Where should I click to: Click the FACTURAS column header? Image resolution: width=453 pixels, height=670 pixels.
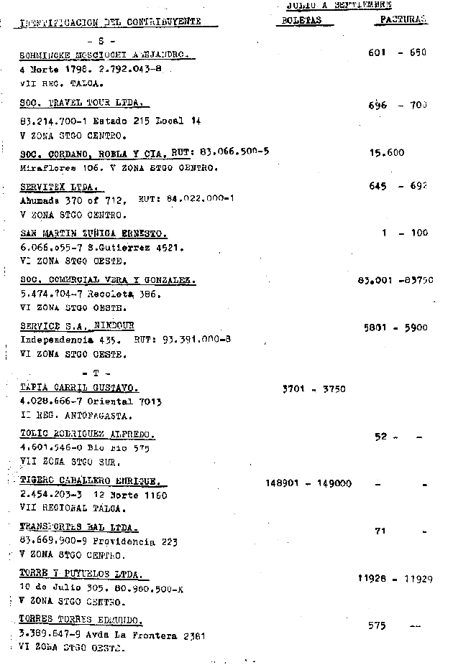401,20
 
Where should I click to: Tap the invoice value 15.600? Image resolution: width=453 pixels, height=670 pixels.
387,152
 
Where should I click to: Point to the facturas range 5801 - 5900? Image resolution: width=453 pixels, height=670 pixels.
395,327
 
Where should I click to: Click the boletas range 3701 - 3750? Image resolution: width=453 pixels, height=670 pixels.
314,389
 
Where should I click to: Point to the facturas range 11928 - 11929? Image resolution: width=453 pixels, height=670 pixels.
395,578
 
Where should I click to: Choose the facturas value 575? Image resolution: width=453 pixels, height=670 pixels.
377,625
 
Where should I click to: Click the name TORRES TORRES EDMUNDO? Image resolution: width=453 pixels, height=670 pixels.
81,620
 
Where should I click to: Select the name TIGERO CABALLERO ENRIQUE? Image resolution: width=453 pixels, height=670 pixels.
89,481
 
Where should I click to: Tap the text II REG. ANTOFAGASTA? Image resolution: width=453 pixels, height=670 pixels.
67,416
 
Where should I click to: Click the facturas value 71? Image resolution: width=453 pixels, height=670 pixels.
381,531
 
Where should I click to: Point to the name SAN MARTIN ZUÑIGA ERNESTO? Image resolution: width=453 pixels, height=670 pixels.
93,233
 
